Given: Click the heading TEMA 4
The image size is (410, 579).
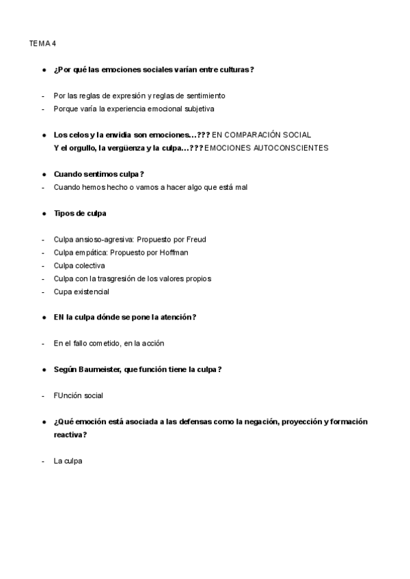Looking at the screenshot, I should click(x=42, y=44).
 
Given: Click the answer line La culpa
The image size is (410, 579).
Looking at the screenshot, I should click(x=68, y=461).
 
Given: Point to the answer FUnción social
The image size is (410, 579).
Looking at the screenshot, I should click(x=79, y=395).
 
